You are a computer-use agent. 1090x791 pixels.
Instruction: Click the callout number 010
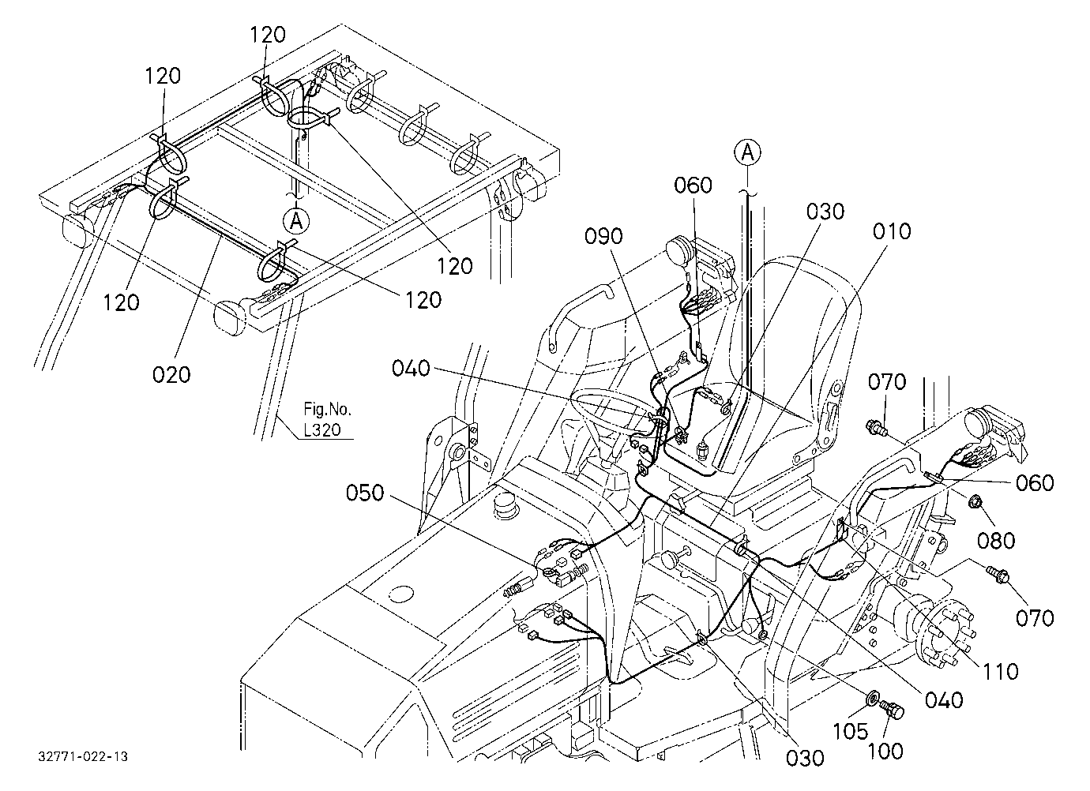[892, 232]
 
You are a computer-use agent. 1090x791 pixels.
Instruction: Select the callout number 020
[171, 375]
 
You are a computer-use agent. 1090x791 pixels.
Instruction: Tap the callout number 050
[365, 493]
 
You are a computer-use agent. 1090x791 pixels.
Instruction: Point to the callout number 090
[603, 236]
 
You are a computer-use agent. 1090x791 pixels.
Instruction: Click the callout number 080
[996, 541]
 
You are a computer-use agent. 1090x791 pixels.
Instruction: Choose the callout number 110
[1000, 672]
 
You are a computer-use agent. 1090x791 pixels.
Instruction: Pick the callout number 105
[850, 731]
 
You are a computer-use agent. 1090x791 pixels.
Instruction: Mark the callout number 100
[885, 751]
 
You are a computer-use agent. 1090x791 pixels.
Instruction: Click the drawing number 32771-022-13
[83, 756]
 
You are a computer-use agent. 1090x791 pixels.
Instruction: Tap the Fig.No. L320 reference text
[326, 419]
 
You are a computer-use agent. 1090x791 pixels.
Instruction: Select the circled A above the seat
[747, 152]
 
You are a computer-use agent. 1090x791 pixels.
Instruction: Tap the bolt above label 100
[891, 709]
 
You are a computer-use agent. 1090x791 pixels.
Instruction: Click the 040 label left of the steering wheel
[412, 368]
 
